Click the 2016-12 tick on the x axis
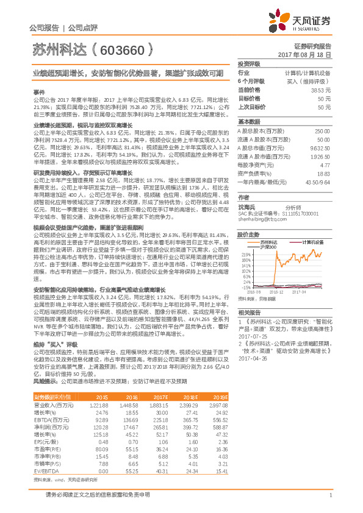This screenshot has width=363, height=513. pyautogui.click(x=276, y=292)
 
